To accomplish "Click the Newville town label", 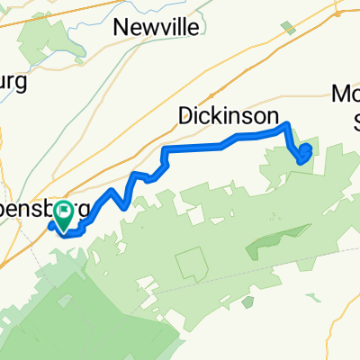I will click(156, 28).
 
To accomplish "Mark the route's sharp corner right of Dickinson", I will click(286, 124).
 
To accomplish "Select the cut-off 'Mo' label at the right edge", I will click(346, 94).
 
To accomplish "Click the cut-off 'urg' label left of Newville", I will click(14, 82).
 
